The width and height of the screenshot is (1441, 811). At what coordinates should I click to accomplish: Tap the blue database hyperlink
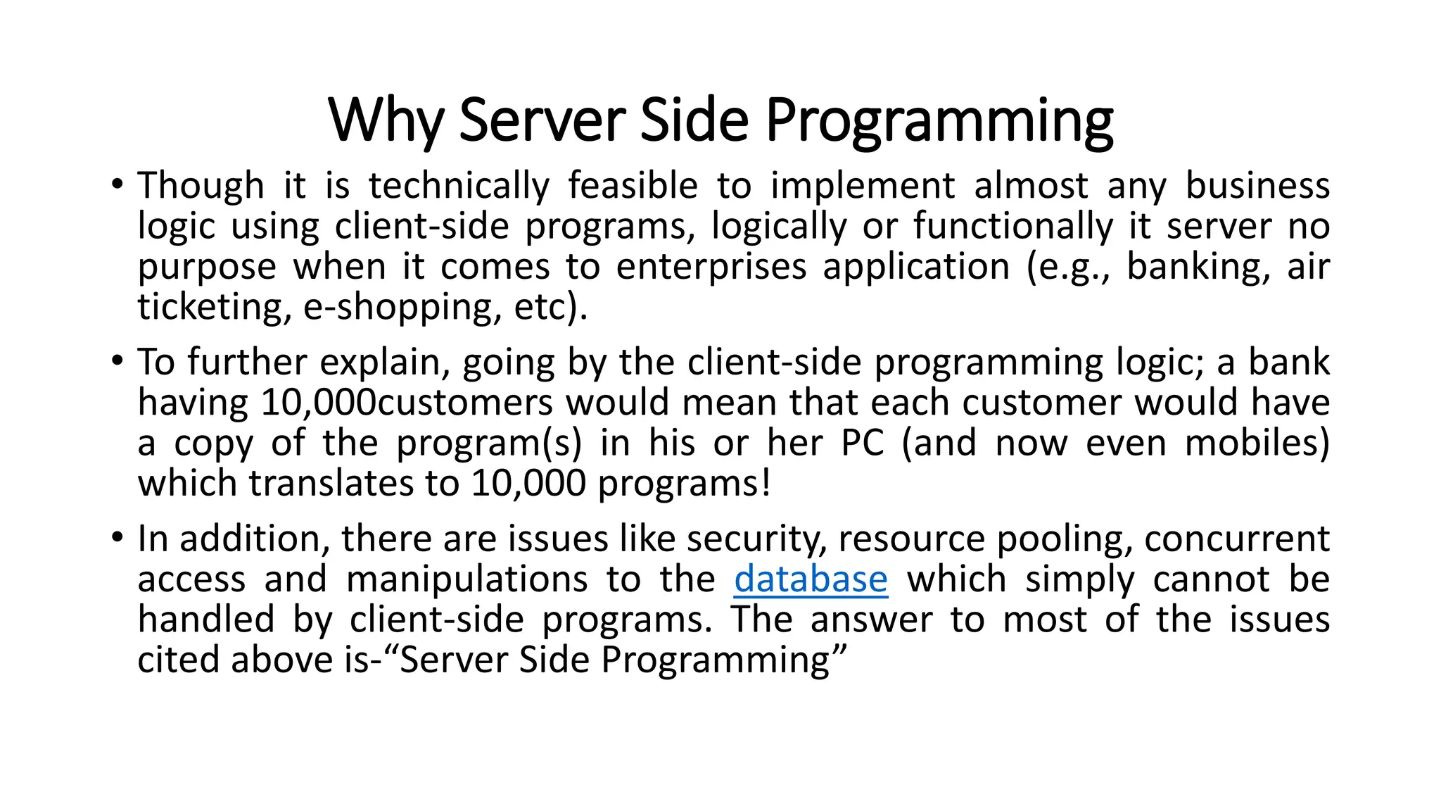tap(811, 579)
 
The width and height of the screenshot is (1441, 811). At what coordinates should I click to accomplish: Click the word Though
tap(201, 186)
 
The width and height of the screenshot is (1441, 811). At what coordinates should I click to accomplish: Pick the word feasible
tap(633, 186)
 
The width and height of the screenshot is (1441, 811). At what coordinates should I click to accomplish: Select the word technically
tap(459, 187)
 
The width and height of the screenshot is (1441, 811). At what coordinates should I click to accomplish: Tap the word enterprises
tap(711, 268)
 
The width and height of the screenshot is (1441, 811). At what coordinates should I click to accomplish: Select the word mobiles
tap(1257, 444)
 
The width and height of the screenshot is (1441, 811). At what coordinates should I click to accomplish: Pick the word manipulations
tap(466, 580)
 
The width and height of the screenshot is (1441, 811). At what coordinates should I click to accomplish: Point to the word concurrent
tap(1236, 539)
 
